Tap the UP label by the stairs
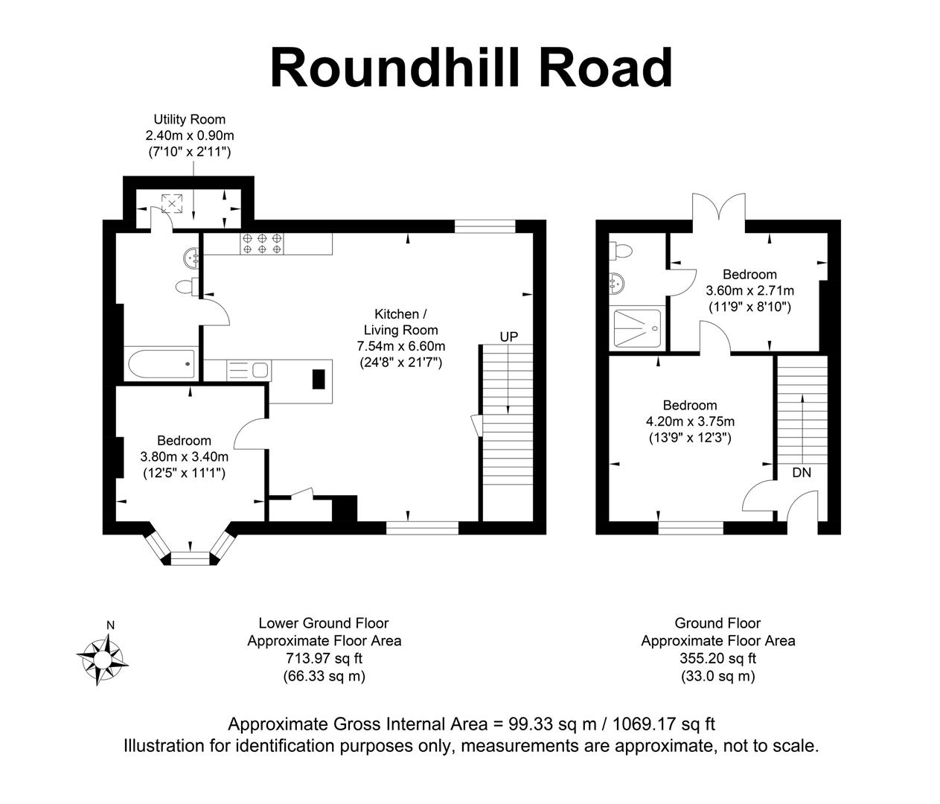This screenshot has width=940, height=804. point(508,336)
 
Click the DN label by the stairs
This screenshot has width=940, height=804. point(802,472)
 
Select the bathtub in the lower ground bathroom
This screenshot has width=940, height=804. point(161,365)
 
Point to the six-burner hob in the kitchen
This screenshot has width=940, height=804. point(261,243)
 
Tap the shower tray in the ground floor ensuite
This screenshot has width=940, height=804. point(636,328)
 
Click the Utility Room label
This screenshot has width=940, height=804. point(189,119)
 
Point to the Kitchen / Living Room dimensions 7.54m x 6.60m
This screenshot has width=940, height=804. point(401,346)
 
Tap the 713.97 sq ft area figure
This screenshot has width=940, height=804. point(324,658)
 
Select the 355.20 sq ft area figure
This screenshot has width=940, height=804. point(717,658)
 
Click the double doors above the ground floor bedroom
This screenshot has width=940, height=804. point(718,208)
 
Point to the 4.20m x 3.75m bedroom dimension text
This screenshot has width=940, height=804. point(690,421)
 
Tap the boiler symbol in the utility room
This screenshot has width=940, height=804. point(173,202)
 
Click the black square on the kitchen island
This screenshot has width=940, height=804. point(319,379)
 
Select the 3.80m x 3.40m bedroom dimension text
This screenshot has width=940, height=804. point(184,456)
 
